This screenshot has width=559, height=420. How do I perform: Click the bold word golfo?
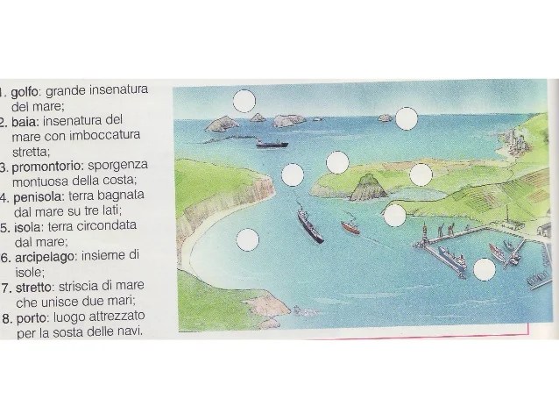click(25, 92)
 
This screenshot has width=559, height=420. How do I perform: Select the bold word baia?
click(25, 123)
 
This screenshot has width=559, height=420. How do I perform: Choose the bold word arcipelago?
click(45, 257)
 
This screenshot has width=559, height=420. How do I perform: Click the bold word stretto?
click(34, 288)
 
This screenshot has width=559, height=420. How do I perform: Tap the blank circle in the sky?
click(244, 101)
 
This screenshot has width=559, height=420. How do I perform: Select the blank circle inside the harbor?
click(485, 269)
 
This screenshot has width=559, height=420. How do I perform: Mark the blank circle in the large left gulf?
click(247, 239)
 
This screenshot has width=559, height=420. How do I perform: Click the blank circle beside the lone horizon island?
click(407, 118)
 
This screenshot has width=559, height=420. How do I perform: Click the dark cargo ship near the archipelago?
click(272, 144)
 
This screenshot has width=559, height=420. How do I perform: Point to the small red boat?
click(350, 226)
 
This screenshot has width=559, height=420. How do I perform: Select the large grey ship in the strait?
click(309, 224)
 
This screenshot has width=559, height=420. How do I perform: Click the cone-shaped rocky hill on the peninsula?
click(368, 187)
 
